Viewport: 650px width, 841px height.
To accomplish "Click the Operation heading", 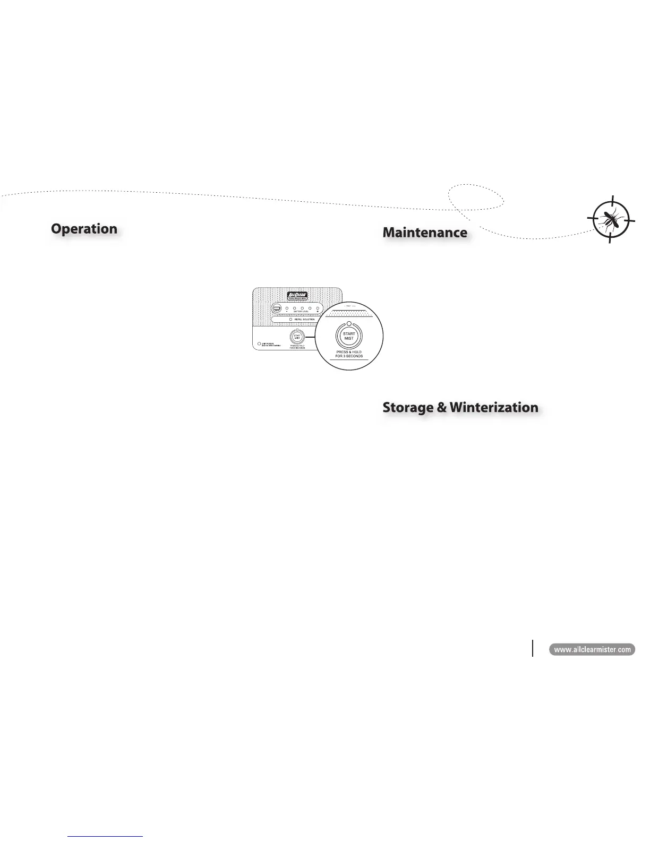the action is tap(84, 229).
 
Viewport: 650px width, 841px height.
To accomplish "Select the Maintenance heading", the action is tap(425, 233).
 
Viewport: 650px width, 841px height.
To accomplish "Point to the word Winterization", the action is tap(494, 407).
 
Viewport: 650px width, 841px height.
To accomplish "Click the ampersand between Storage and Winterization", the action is tap(442, 408).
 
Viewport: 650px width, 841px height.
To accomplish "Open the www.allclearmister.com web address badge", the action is tap(592, 649).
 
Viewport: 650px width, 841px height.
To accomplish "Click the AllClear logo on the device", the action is tap(297, 296).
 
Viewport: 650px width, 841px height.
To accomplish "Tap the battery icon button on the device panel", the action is tap(277, 308).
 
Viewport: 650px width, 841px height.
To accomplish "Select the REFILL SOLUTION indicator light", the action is tap(291, 320).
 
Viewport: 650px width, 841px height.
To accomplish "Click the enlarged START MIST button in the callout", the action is tap(348, 336).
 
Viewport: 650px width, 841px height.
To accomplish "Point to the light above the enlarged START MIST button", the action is tap(348, 324).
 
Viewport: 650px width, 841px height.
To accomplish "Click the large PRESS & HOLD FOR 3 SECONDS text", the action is tap(349, 354).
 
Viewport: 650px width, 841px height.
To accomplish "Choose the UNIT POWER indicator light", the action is tap(259, 344).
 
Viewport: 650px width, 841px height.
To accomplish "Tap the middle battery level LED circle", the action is tap(302, 308).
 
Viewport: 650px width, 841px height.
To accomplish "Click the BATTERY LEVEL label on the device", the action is tap(302, 312).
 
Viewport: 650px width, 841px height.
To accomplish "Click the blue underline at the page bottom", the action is tap(106, 836).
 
